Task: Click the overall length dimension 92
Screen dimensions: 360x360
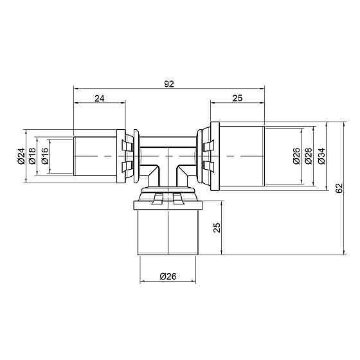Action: click(x=169, y=83)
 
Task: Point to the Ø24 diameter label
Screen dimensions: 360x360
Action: click(x=21, y=156)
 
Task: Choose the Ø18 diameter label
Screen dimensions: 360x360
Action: click(x=33, y=156)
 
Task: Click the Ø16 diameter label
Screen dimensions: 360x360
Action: click(x=44, y=156)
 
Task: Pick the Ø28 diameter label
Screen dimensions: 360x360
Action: click(x=308, y=156)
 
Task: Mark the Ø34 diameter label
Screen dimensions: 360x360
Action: click(x=321, y=156)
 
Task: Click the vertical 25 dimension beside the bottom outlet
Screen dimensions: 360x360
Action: click(x=217, y=228)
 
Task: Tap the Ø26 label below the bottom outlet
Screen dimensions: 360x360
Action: click(x=168, y=276)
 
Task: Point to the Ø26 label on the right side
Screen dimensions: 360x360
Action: click(x=296, y=156)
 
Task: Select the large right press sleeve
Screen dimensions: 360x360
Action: click(x=240, y=157)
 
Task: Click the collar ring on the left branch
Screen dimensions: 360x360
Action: click(x=122, y=157)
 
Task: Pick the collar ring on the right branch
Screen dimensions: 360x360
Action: click(x=212, y=157)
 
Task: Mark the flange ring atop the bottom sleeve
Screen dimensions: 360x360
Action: click(x=168, y=206)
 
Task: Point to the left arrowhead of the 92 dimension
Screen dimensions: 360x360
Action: click(x=76, y=88)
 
